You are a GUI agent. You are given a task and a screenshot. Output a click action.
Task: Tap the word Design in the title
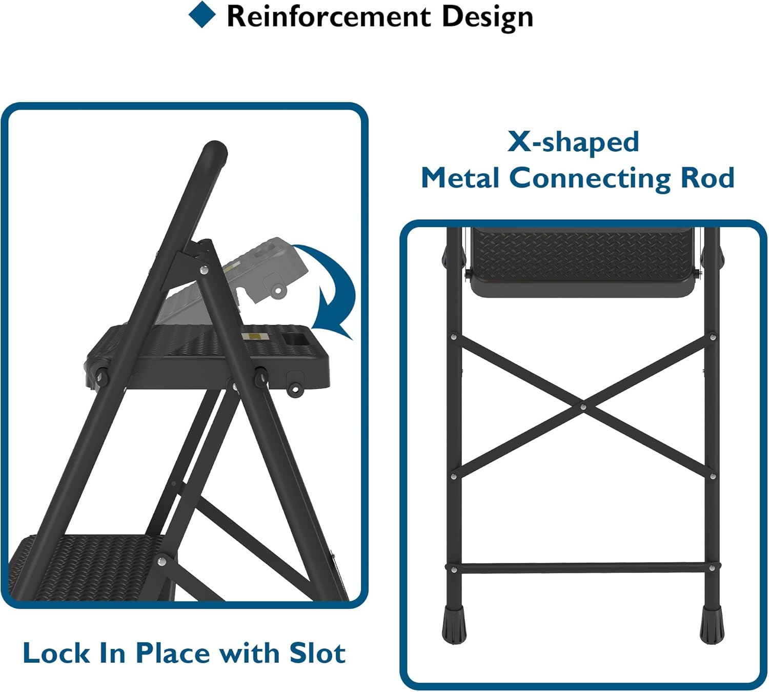(x=487, y=16)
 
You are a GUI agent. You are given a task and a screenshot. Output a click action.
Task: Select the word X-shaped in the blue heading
(x=573, y=141)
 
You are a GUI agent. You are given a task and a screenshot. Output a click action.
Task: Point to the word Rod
(x=707, y=178)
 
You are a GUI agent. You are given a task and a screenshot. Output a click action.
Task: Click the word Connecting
(x=590, y=179)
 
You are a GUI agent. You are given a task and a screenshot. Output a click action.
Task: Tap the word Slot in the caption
(x=317, y=653)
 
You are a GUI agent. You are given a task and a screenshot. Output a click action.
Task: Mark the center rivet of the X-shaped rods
(x=583, y=407)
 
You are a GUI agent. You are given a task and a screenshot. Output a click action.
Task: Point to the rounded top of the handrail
(x=214, y=152)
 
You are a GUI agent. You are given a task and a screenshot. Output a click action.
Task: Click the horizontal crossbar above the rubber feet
(x=583, y=568)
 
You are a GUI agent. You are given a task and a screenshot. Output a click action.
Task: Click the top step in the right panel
(x=583, y=261)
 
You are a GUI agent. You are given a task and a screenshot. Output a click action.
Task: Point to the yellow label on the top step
(x=255, y=336)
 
